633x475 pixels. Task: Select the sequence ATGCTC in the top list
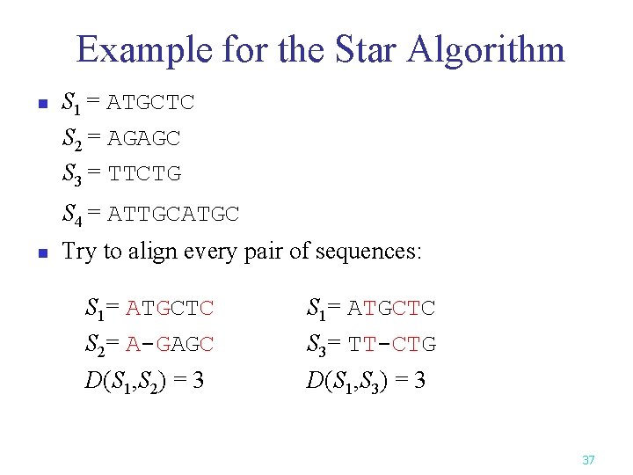point(150,103)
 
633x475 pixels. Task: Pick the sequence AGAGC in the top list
point(143,138)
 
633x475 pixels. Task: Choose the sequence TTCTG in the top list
point(144,173)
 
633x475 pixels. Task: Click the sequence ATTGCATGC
point(172,214)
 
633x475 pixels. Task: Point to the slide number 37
point(588,460)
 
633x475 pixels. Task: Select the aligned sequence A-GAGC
point(170,344)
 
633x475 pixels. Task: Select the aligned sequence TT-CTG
point(391,344)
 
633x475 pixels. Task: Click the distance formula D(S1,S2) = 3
point(145,380)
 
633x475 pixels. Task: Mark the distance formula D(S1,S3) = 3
point(366,380)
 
